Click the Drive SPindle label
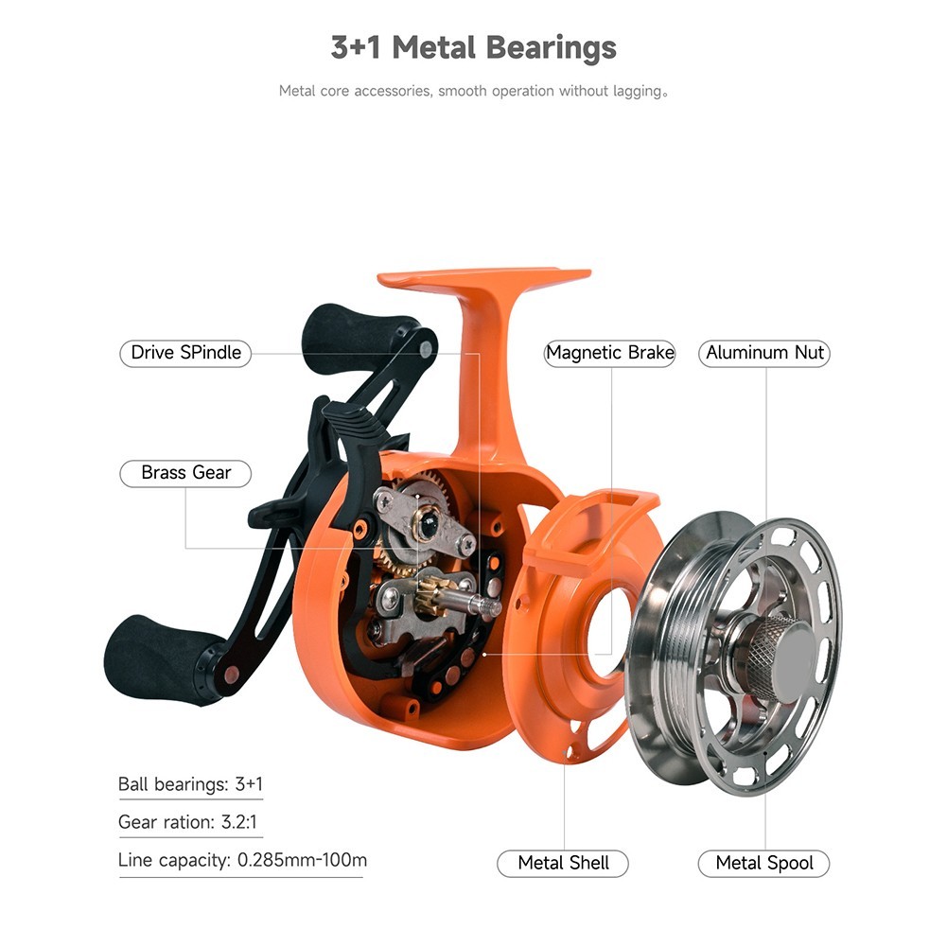[x=185, y=353]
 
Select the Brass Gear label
[x=185, y=473]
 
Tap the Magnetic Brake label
[x=609, y=353]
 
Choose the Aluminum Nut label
[x=764, y=353]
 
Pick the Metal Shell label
[x=563, y=863]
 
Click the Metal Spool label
[x=764, y=863]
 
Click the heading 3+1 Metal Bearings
[x=473, y=47]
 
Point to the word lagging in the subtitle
[x=638, y=91]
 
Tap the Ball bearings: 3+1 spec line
[x=190, y=784]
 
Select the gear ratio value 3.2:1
[x=238, y=822]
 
